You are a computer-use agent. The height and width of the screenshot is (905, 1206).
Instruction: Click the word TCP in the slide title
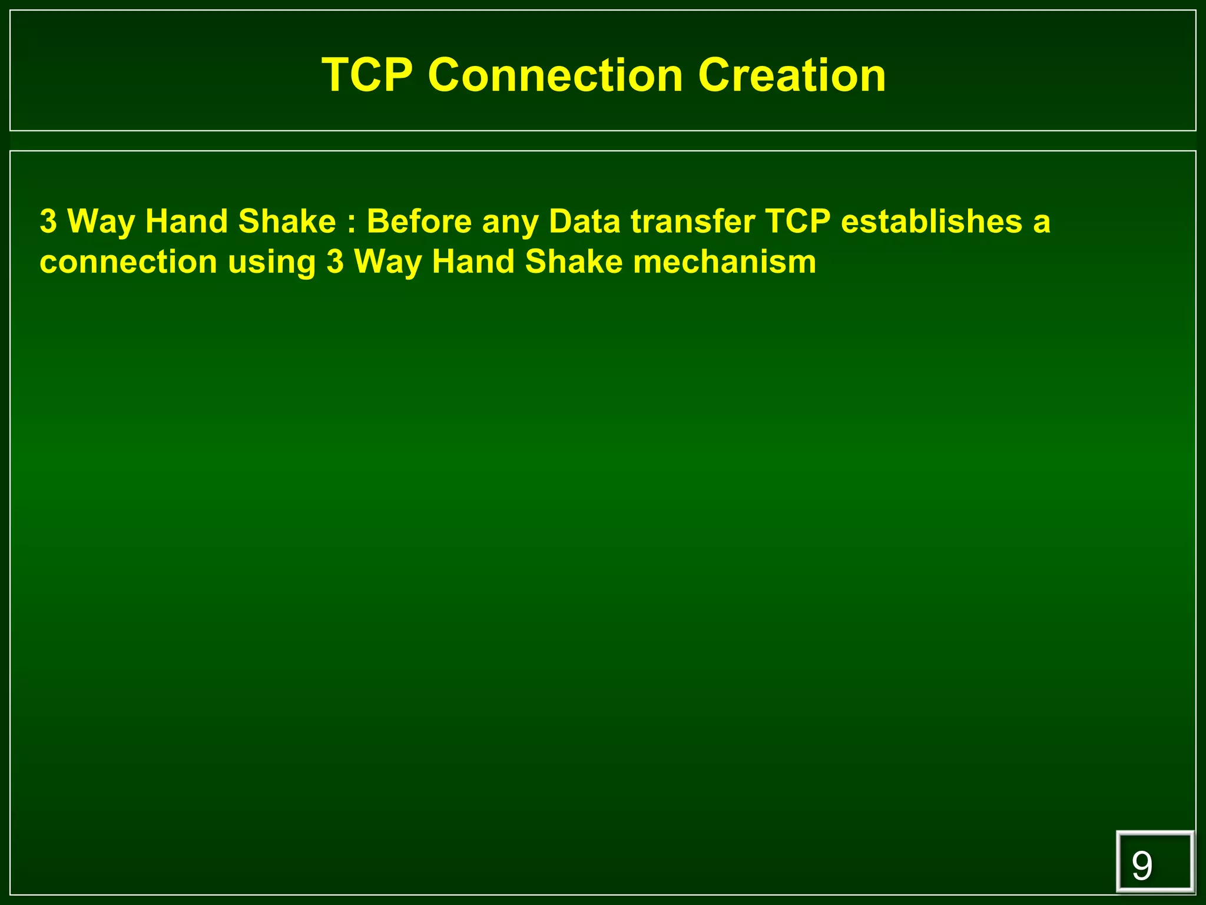367,75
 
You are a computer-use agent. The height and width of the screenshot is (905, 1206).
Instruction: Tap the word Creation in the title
791,75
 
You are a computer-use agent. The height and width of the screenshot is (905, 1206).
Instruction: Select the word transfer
693,222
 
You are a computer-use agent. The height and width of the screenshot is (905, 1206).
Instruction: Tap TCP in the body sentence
798,222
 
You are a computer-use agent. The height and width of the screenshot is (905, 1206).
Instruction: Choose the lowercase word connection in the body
128,262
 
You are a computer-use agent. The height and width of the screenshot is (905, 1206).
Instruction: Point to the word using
272,263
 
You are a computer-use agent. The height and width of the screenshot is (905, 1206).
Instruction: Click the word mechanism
724,262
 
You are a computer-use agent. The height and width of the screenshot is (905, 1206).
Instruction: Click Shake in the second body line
574,262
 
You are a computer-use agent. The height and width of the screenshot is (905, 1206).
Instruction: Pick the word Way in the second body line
387,263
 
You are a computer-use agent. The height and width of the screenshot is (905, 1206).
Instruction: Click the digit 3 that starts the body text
48,222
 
